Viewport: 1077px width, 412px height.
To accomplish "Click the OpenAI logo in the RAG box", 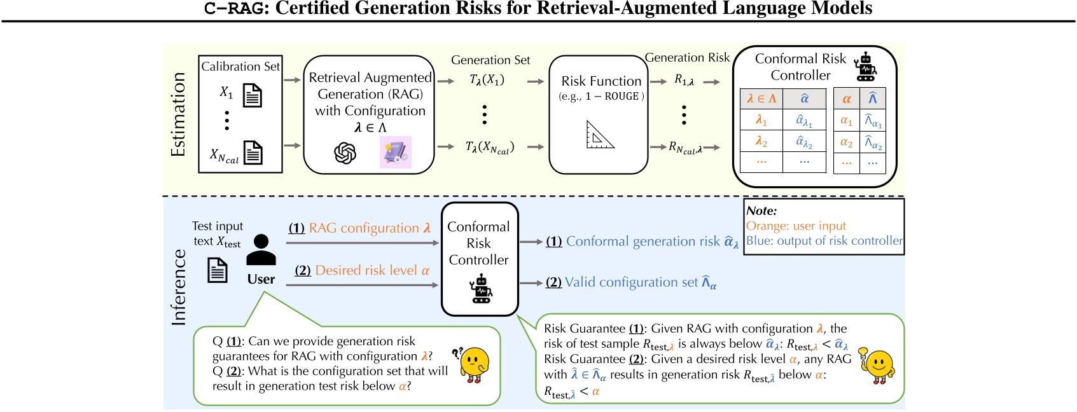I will (345, 153).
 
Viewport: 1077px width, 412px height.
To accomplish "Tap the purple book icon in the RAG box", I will (396, 152).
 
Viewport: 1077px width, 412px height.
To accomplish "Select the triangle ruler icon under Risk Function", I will (599, 135).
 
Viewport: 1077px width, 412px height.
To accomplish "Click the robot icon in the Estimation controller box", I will (865, 67).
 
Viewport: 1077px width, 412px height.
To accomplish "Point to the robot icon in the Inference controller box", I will (481, 289).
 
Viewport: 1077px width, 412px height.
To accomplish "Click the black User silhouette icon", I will (261, 250).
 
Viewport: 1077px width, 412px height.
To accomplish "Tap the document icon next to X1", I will (253, 95).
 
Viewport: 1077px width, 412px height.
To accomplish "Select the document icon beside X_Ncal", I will (253, 153).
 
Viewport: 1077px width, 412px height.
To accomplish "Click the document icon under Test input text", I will (218, 270).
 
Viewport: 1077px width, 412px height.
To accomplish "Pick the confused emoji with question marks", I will (473, 364).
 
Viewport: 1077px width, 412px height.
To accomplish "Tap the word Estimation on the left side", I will (178, 114).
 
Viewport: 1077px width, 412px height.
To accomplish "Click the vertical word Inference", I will (179, 287).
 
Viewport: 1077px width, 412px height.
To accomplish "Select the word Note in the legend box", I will (761, 210).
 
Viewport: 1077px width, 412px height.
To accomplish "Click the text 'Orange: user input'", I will (796, 226).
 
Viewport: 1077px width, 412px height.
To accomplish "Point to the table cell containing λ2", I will (761, 141).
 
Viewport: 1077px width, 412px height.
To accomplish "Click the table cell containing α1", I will (846, 120).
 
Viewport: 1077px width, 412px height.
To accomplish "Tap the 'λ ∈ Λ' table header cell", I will (761, 99).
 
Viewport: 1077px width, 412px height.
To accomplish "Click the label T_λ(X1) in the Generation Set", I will (487, 80).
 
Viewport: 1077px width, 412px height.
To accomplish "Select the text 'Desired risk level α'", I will (372, 270).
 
